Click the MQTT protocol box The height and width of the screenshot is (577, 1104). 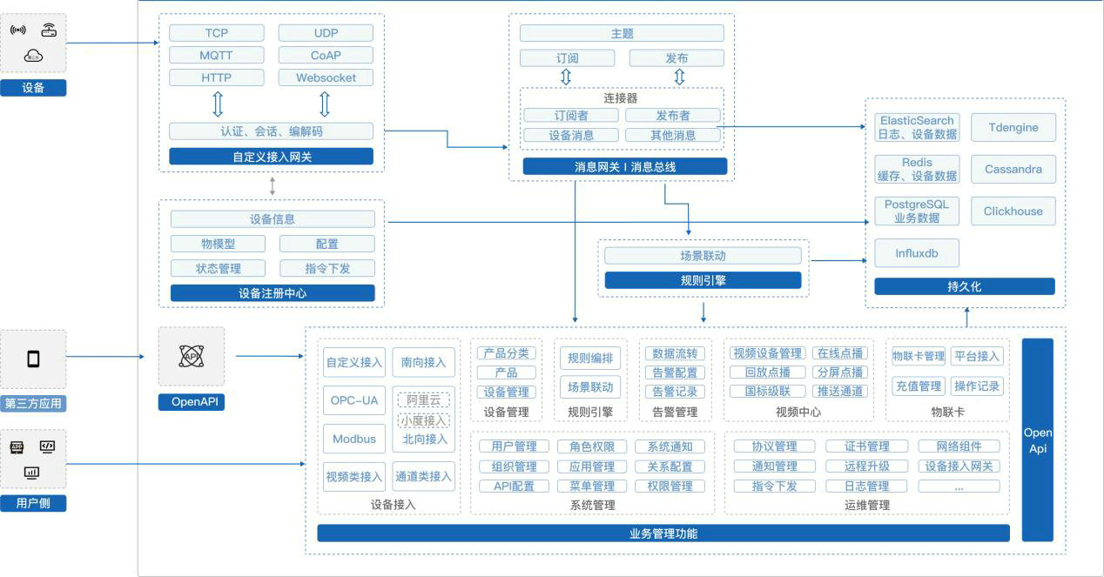coord(217,55)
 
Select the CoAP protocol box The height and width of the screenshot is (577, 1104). coord(326,55)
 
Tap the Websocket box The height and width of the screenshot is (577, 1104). coord(326,77)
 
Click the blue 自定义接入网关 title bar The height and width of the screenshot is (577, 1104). coord(271,157)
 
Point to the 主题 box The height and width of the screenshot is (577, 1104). coord(622,33)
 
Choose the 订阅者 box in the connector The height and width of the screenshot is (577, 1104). coord(571,115)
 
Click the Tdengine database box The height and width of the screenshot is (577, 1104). coord(1013,127)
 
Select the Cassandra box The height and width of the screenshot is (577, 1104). coord(1013,169)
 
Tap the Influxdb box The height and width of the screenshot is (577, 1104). coord(917,253)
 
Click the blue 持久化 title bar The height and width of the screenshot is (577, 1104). coord(964,286)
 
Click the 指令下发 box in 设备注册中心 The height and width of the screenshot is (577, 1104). coord(327,268)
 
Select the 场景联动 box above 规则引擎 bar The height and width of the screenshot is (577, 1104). coord(703,256)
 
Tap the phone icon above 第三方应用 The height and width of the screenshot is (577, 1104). coord(33,359)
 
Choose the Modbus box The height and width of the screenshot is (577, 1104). coord(354,439)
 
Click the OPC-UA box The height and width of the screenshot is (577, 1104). coord(354,400)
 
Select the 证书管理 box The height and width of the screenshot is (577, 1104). coord(866,446)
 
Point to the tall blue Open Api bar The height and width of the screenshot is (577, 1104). coord(1037,439)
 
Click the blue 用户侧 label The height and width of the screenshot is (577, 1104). coord(33,503)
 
